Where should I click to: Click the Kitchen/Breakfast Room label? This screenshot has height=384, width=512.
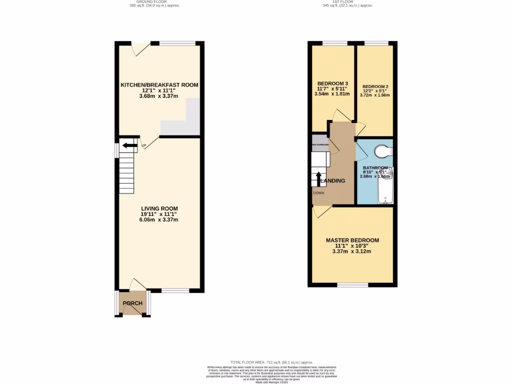click(159, 85)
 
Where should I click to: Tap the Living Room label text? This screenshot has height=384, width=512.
click(159, 208)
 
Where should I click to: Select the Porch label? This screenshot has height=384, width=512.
click(132, 303)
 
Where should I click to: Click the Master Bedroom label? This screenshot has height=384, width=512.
click(352, 240)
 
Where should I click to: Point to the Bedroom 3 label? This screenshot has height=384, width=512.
click(332, 83)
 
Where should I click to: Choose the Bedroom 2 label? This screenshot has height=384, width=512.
click(375, 86)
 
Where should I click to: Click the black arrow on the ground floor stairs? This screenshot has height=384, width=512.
click(129, 145)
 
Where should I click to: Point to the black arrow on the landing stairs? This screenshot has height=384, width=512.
click(319, 178)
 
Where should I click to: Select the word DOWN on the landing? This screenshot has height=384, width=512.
click(318, 192)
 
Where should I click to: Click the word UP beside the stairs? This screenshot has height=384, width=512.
click(143, 146)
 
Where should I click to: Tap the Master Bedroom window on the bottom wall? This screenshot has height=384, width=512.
click(353, 285)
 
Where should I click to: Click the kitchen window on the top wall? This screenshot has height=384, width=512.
click(177, 43)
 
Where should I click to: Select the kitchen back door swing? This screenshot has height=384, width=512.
click(139, 48)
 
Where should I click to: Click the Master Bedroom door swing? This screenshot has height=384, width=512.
click(321, 211)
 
